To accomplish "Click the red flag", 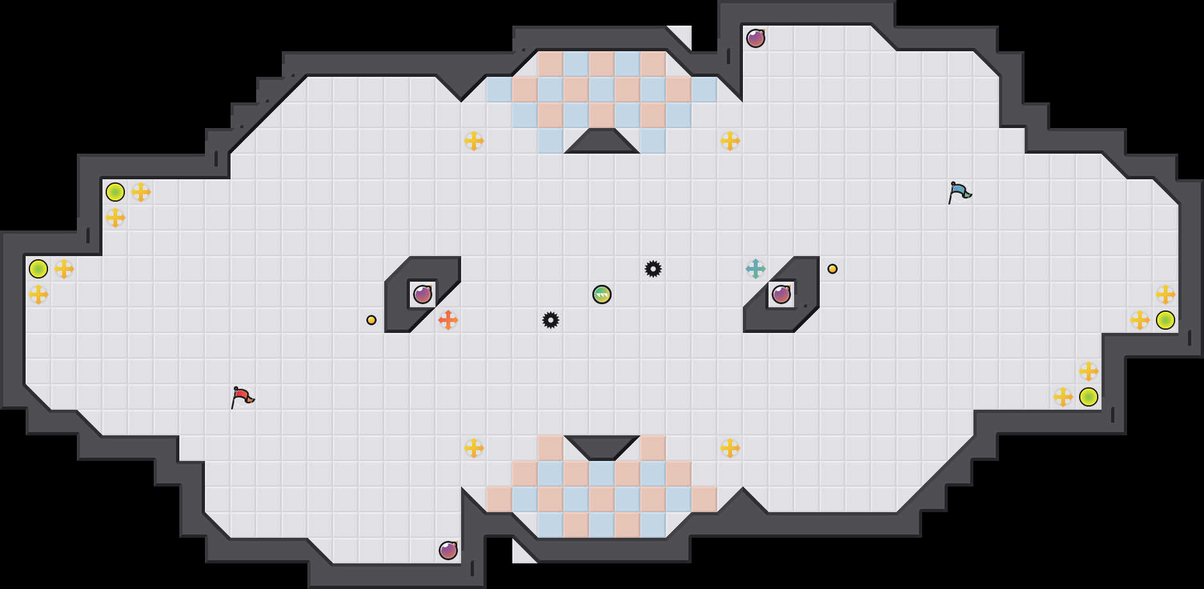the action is coord(242,396).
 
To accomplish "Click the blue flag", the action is coord(959,191).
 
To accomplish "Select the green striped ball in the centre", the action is coord(602,294).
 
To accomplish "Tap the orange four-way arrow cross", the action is coord(448,319).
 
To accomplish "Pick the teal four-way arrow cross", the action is coord(756,269).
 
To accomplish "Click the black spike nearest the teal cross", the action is coord(653,269).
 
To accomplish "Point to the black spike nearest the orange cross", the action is coord(551,320).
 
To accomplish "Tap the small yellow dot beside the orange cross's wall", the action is coord(371,320).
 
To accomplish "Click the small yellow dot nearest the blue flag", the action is coord(833,269).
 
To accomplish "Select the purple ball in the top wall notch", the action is coord(756,38).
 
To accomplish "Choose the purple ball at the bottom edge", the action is coord(448,551).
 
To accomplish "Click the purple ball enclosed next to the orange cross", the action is coord(423,294).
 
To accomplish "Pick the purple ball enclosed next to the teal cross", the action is coord(781,294).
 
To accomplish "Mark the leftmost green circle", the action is coord(38,269).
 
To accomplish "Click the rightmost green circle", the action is coord(1166,320).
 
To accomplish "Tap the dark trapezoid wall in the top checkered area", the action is coord(602,142).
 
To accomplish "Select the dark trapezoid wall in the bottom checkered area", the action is coord(602,447).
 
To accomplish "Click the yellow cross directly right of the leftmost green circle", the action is coord(64,269).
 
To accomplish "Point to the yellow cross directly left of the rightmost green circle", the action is coord(1140,320).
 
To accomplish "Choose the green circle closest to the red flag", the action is coord(115,192).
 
